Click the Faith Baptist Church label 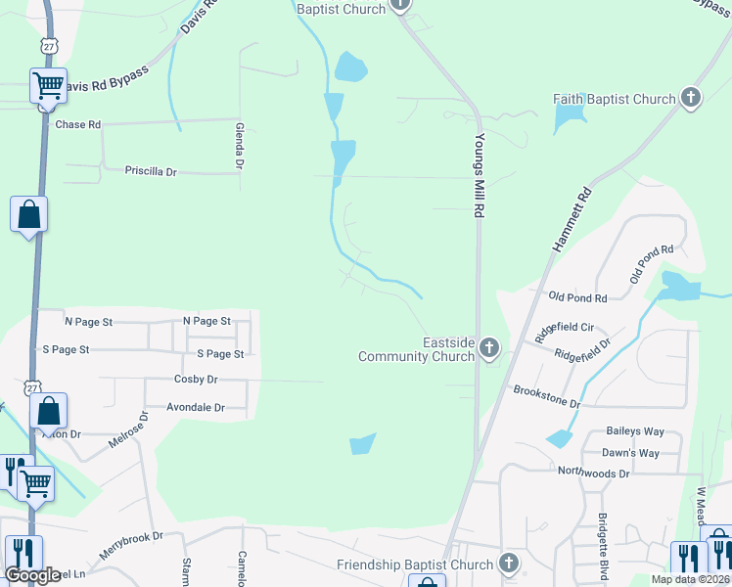[x=615, y=99]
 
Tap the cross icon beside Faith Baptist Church [x=691, y=98]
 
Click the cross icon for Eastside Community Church [x=488, y=348]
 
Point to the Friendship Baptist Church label [x=415, y=565]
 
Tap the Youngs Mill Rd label [x=480, y=176]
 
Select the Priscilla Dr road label [x=151, y=171]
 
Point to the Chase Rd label [x=78, y=125]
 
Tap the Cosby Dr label [x=195, y=380]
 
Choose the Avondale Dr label [x=196, y=407]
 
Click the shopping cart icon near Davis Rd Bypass [x=48, y=85]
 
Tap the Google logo [x=31, y=575]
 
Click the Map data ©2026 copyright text [x=689, y=579]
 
